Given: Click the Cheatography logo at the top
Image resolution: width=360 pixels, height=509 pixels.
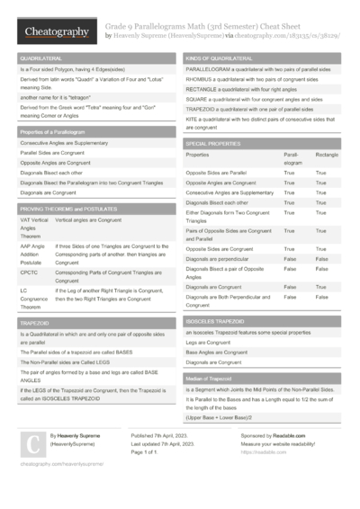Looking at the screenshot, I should point(55,32).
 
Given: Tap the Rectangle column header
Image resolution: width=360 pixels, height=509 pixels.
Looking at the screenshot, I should point(327,156).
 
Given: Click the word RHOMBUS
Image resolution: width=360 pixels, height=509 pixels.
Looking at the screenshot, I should point(200,78).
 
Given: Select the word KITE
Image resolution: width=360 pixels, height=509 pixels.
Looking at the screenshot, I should point(192,119).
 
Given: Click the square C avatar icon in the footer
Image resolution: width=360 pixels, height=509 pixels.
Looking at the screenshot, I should point(32,443).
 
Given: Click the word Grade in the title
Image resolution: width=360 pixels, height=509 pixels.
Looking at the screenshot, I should point(117,27).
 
